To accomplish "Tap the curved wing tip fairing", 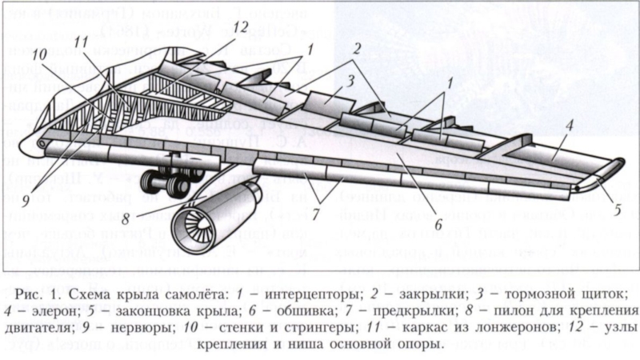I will (x=606, y=170).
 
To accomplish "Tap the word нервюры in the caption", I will (x=138, y=326).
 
